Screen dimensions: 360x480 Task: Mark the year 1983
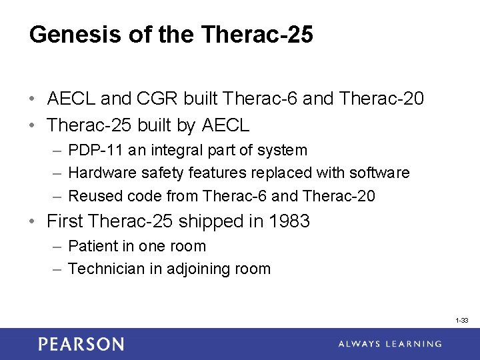(x=289, y=221)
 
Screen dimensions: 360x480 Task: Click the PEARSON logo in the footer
(x=81, y=344)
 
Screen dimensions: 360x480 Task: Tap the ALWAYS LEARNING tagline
(x=390, y=344)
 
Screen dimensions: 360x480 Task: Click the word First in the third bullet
(x=65, y=221)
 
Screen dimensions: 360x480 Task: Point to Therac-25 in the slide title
(x=257, y=35)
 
